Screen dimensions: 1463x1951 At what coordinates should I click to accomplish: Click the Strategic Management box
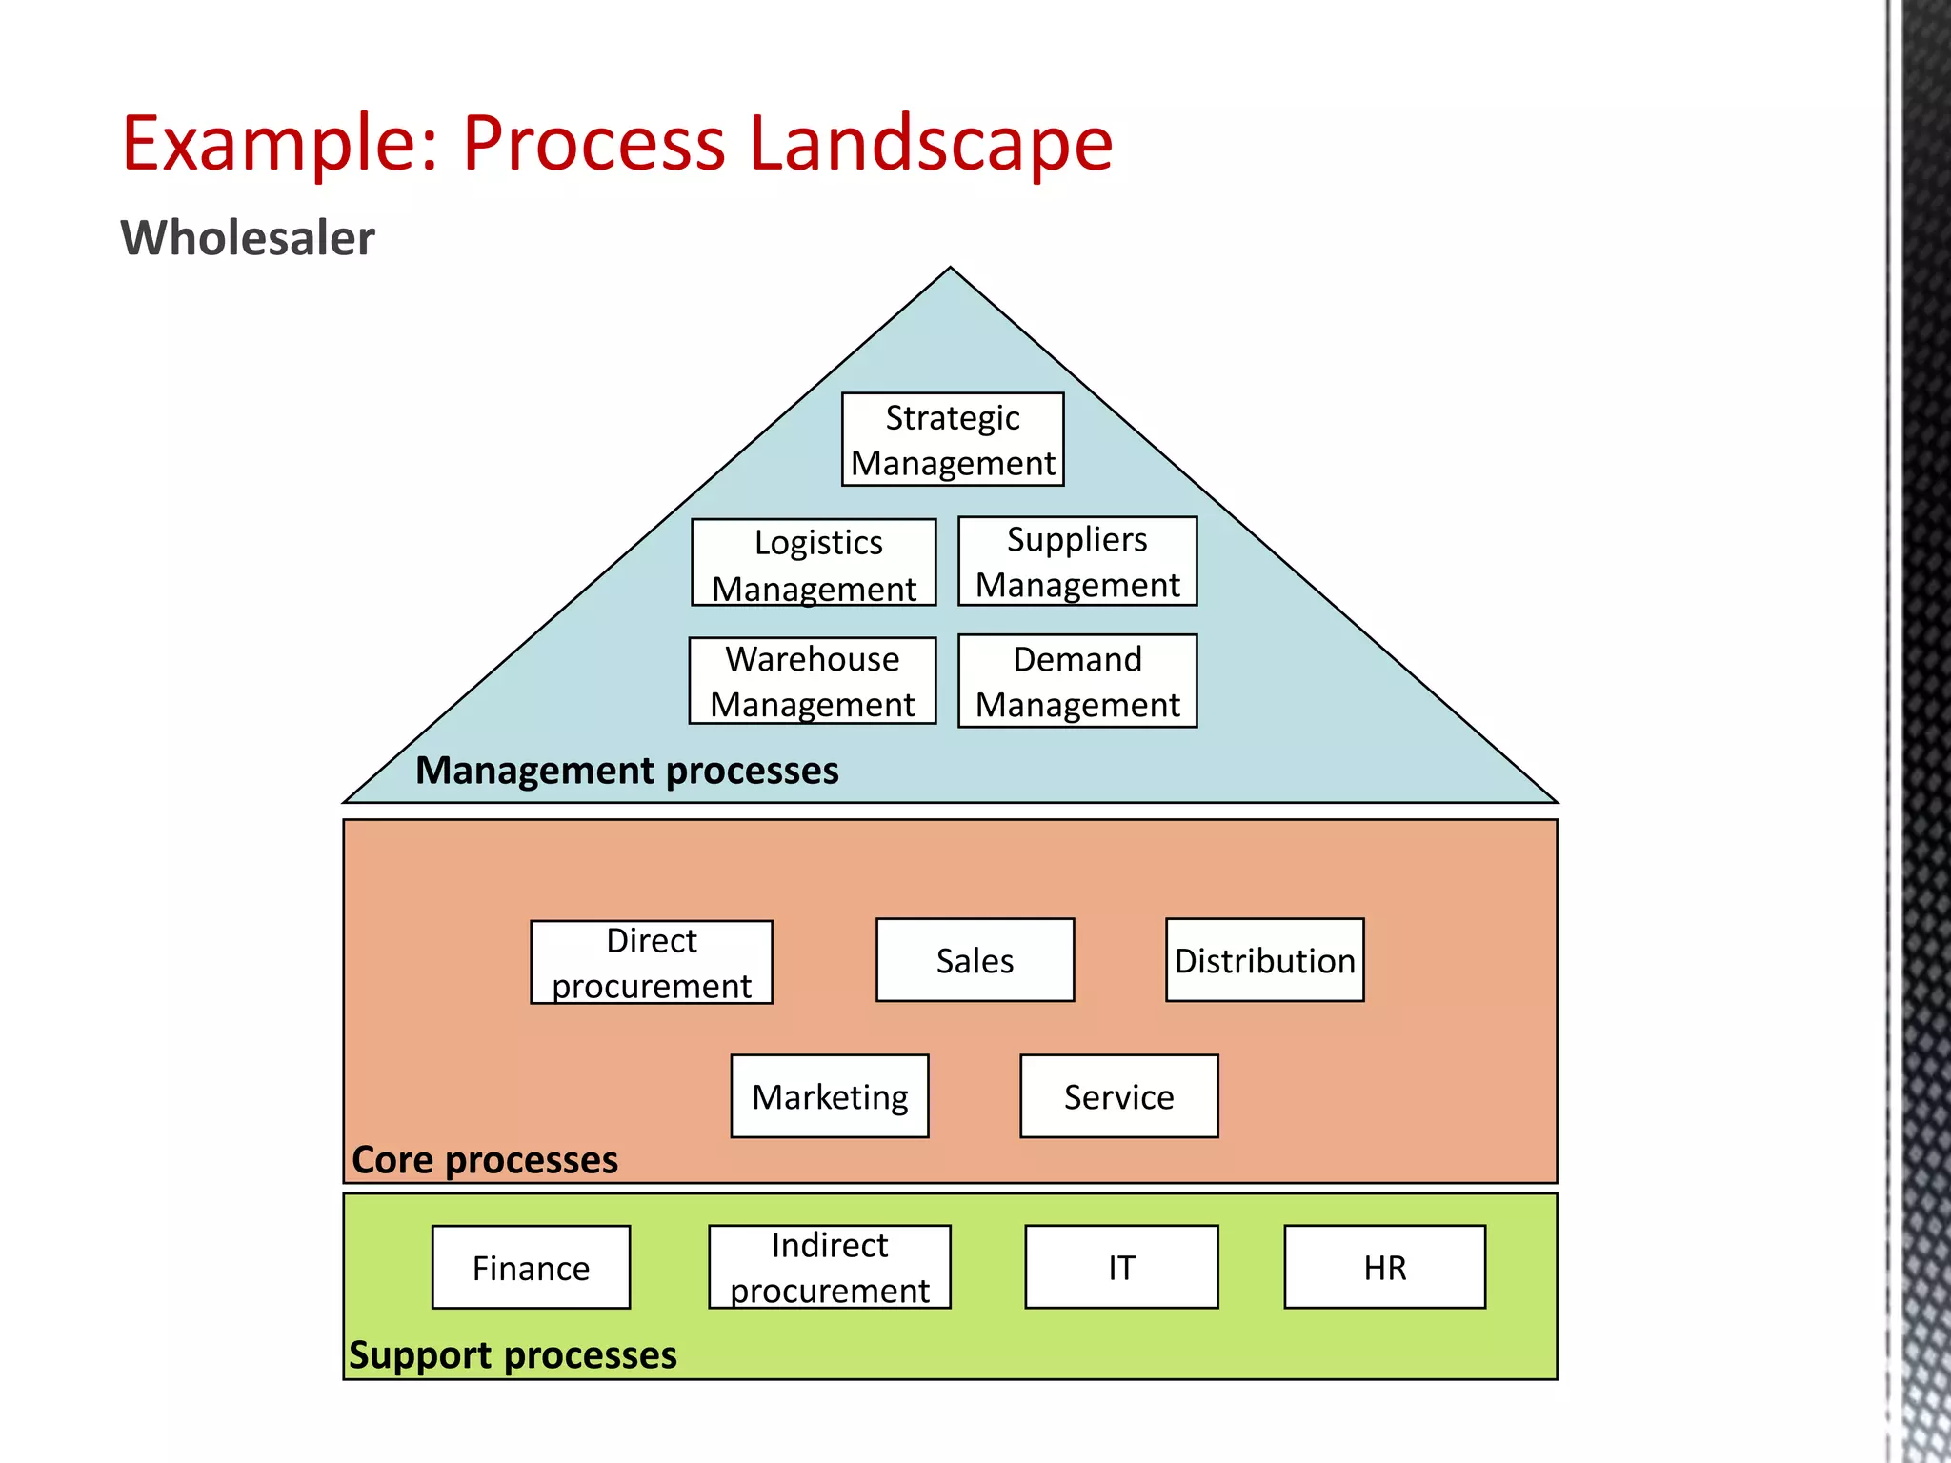coord(953,440)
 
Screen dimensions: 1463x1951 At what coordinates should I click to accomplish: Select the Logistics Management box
coord(815,563)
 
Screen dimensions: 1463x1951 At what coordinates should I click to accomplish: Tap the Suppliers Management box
coord(1077,562)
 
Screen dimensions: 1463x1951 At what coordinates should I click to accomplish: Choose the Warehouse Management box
coord(813,681)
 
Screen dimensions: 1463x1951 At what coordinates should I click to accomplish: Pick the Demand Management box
coord(1077,681)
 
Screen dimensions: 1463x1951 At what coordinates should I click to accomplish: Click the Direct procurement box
coord(652,962)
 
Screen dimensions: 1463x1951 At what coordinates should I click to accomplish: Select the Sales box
coord(975,960)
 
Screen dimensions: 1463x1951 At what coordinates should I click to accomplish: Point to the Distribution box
coord(1264,960)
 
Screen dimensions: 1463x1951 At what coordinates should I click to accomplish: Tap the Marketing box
coord(830,1096)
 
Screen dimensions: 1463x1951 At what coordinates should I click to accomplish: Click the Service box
coord(1118,1096)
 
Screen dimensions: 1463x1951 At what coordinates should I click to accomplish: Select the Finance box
coord(531,1268)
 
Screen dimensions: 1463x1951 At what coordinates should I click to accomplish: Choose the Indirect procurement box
coord(830,1268)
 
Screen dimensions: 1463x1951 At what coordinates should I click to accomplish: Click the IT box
coord(1121,1268)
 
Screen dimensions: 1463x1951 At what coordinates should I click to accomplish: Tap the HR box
coord(1384,1268)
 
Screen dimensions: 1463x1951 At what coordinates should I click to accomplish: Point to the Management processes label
coord(627,771)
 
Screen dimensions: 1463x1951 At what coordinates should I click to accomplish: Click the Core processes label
coord(485,1160)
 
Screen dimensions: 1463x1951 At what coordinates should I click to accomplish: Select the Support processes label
coord(513,1355)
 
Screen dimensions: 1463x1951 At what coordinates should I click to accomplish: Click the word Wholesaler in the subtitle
coord(248,238)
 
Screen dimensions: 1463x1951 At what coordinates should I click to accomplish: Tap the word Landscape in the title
coord(931,143)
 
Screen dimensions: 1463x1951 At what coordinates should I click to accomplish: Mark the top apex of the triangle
coord(950,269)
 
